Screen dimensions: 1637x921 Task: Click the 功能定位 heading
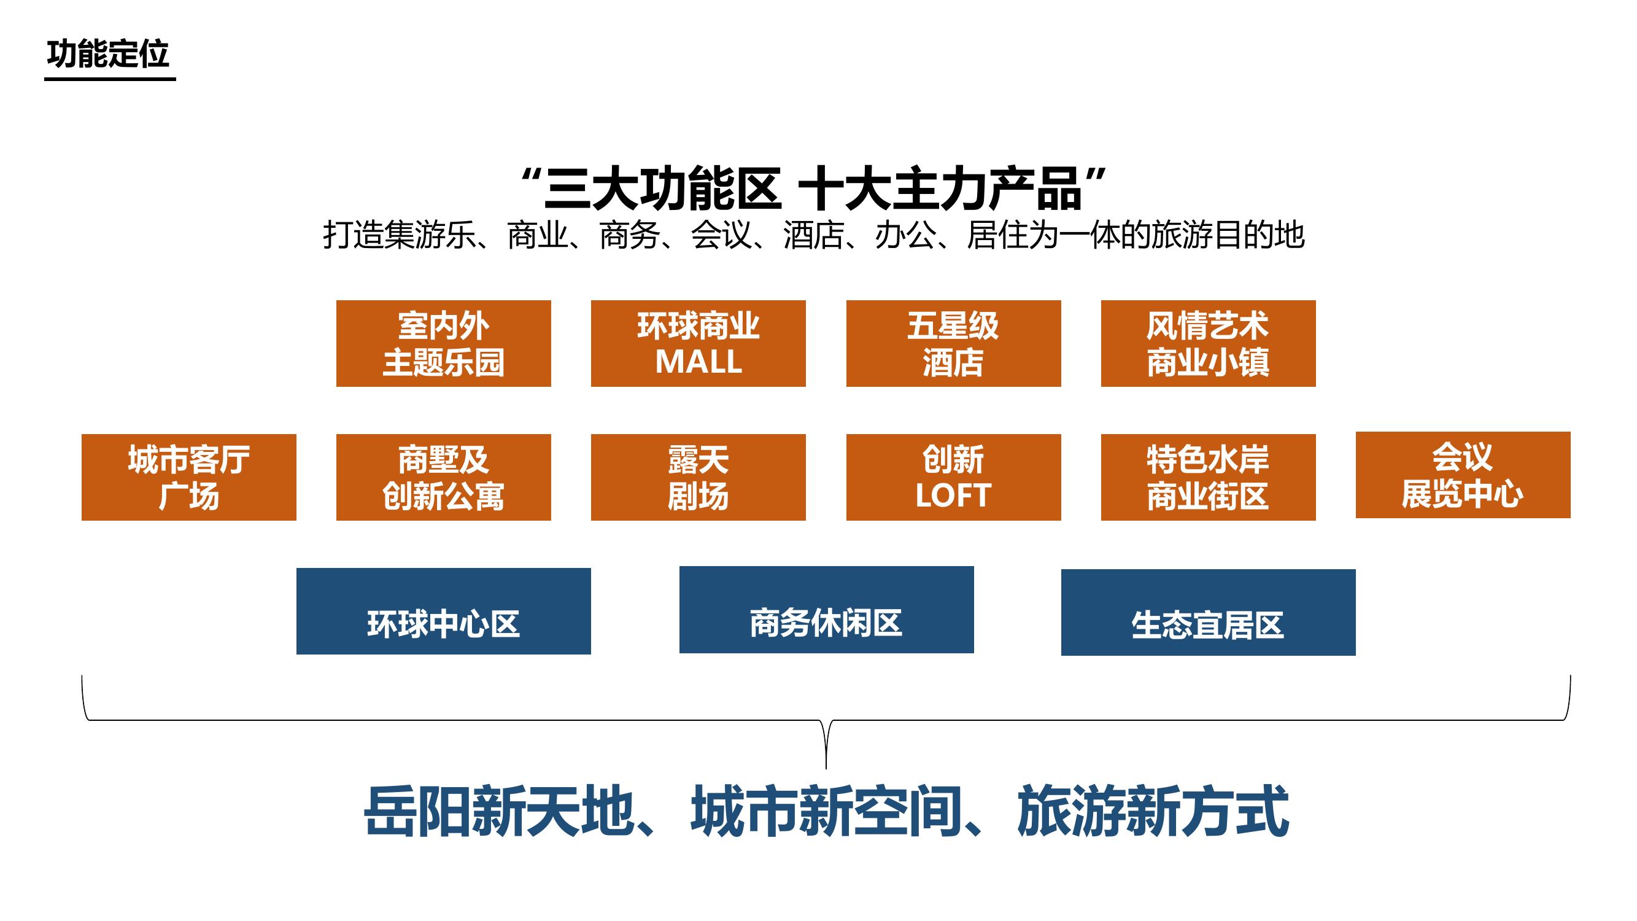[108, 53]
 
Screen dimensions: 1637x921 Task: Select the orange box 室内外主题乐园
[444, 343]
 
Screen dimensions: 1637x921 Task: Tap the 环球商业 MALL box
[699, 343]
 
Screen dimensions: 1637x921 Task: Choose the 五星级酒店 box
[953, 343]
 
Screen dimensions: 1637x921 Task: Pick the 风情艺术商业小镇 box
[1208, 343]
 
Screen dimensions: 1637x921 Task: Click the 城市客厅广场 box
[188, 477]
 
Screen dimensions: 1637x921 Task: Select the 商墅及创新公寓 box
[444, 477]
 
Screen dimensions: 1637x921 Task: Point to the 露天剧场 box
[699, 477]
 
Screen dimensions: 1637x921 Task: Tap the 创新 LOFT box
[953, 477]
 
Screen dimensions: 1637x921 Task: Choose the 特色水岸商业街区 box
[1208, 477]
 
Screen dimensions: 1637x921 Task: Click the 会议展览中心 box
[1463, 475]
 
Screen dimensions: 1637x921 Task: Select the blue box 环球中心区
[444, 611]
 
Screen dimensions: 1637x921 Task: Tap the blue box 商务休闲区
[826, 610]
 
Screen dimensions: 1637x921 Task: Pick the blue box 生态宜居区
[1208, 612]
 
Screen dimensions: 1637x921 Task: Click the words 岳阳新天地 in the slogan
[499, 812]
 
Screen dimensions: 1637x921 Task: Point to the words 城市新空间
[826, 812]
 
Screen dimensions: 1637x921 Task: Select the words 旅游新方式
[1153, 812]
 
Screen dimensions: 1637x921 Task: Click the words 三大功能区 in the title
[662, 188]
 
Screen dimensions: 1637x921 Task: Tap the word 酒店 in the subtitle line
[813, 235]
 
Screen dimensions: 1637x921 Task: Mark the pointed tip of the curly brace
[826, 769]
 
